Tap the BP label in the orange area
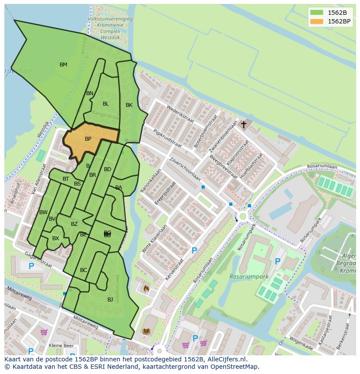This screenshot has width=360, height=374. coord(88,139)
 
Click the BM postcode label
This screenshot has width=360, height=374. coord(63,65)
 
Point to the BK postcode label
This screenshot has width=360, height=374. coord(129,105)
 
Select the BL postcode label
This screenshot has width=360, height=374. coord(106,104)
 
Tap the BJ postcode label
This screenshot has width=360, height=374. coord(110,299)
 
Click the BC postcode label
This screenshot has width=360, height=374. coord(83,270)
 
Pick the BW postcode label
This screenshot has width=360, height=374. coord(43,212)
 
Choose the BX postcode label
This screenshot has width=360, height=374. coord(56,238)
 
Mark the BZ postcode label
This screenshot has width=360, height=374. coord(74,224)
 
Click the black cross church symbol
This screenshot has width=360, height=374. coord(244,125)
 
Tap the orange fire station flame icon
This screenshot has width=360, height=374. coord(146,288)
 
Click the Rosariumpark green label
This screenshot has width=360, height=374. coord(249,277)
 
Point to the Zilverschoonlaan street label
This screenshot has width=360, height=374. coord(185,169)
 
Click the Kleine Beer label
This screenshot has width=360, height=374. coord(61,346)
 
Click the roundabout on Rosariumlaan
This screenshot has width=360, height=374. coord(242,216)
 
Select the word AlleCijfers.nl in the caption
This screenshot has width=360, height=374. coord(226,360)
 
